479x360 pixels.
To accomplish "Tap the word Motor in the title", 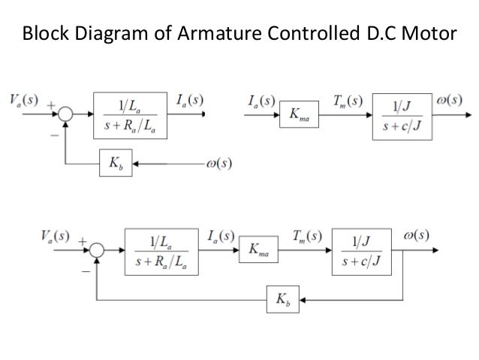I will tap(428, 34).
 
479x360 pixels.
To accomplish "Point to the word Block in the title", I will tap(44, 34).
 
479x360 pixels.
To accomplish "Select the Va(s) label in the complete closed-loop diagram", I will tap(52, 236).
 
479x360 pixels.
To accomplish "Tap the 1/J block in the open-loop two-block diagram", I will tap(402, 116).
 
